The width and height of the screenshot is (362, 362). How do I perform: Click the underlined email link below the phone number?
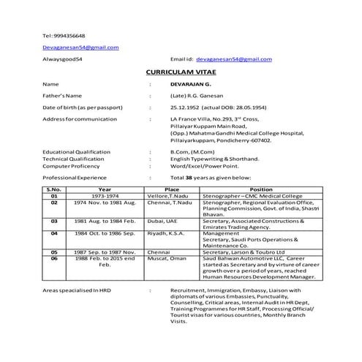[x=80, y=47]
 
